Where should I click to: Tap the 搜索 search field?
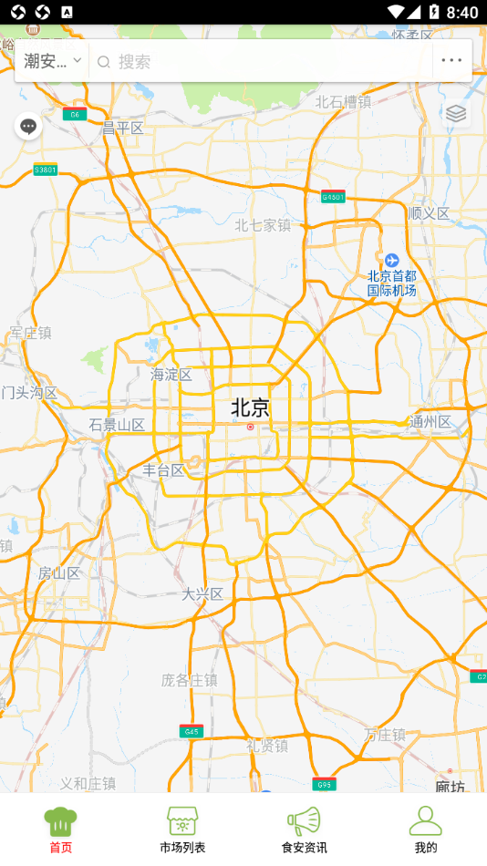click(264, 61)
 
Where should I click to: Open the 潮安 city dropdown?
click(53, 61)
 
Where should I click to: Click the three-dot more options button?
click(451, 61)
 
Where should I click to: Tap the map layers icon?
click(456, 113)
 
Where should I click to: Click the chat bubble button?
click(28, 127)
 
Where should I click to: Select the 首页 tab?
click(60, 829)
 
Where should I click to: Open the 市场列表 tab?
click(182, 829)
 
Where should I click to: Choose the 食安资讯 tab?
click(304, 829)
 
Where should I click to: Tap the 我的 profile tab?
click(425, 829)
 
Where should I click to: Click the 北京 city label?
click(250, 407)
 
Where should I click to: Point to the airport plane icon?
click(391, 261)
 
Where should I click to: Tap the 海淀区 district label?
click(171, 374)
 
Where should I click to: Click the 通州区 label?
click(430, 421)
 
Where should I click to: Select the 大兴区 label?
click(202, 593)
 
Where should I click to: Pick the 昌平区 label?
click(123, 129)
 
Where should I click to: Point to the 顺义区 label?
click(430, 213)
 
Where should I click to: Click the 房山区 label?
click(59, 573)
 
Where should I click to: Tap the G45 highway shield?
click(191, 731)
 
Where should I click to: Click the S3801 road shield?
click(45, 170)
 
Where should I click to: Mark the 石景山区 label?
click(117, 425)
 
